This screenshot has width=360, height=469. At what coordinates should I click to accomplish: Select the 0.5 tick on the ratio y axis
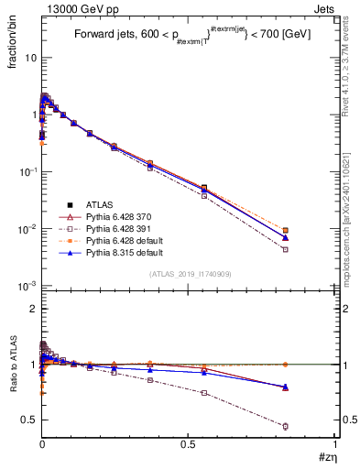[x=27, y=420]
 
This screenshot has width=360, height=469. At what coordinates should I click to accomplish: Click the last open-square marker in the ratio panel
[x=311, y=426]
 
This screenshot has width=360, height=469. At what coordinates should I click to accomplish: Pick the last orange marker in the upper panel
[x=311, y=231]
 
